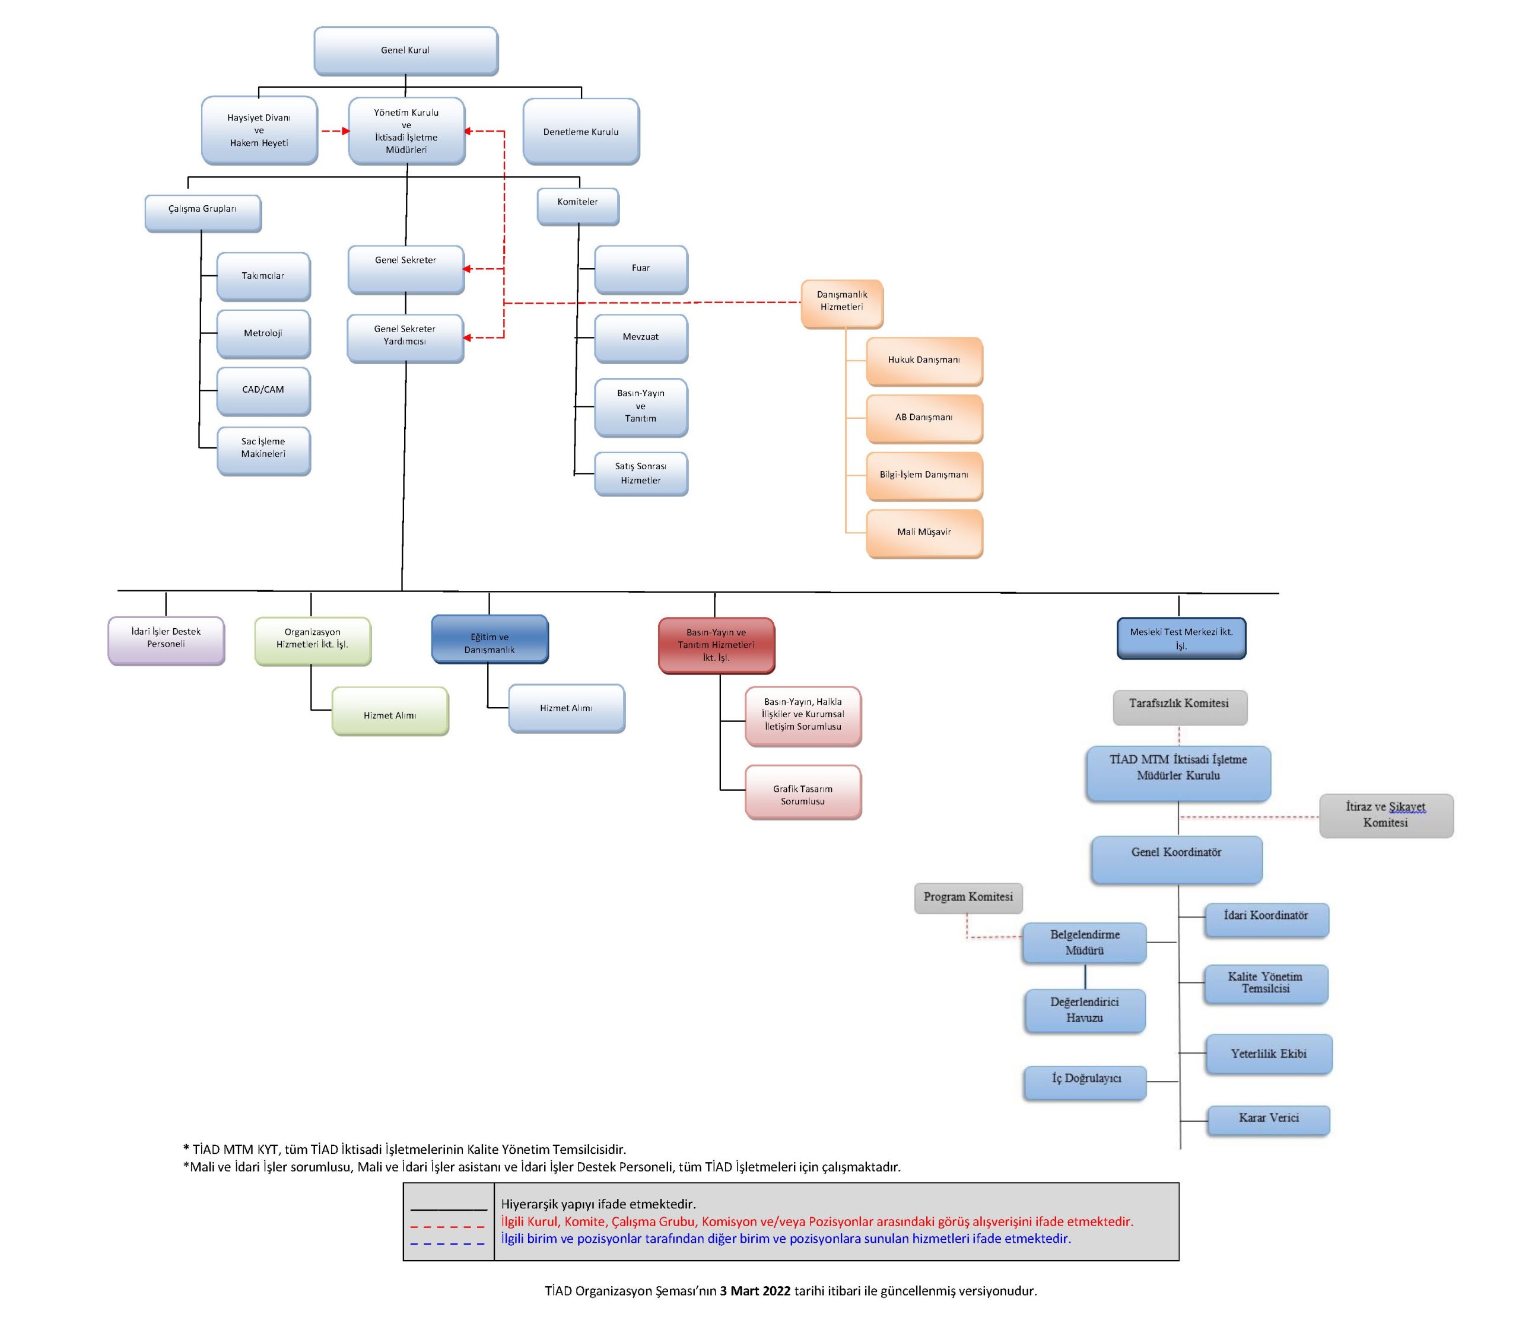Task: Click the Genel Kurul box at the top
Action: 406,51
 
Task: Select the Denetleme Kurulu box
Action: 581,132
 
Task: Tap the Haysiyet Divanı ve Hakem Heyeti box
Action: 259,131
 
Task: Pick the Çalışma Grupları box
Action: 203,214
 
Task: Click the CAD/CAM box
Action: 263,391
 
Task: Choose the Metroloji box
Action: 263,334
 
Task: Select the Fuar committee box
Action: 641,269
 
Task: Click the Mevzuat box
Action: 641,338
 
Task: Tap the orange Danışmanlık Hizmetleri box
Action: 842,304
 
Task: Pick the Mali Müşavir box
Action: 924,533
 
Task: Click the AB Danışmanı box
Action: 924,418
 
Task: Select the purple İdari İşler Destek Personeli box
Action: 166,641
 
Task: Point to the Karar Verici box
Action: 1269,1121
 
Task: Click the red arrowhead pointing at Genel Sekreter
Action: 468,269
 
